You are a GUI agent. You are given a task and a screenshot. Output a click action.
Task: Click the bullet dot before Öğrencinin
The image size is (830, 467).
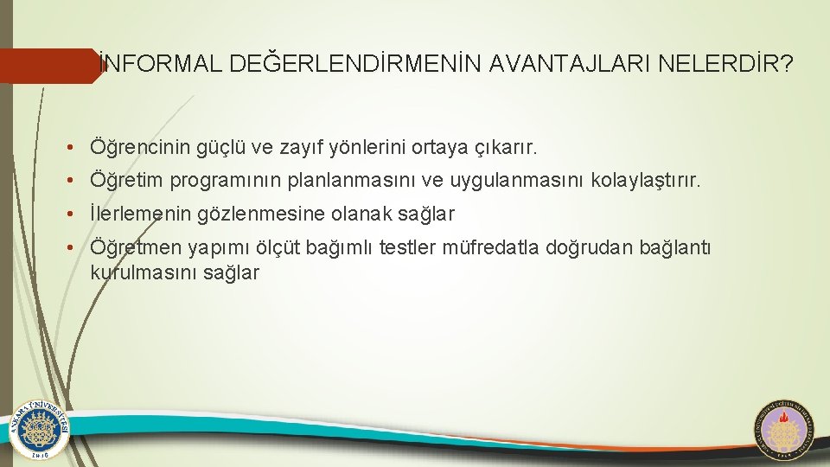coord(77,149)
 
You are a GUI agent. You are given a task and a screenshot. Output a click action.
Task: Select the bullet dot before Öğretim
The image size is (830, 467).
coord(77,182)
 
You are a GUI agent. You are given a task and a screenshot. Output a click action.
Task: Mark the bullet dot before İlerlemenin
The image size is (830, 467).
coord(77,214)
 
